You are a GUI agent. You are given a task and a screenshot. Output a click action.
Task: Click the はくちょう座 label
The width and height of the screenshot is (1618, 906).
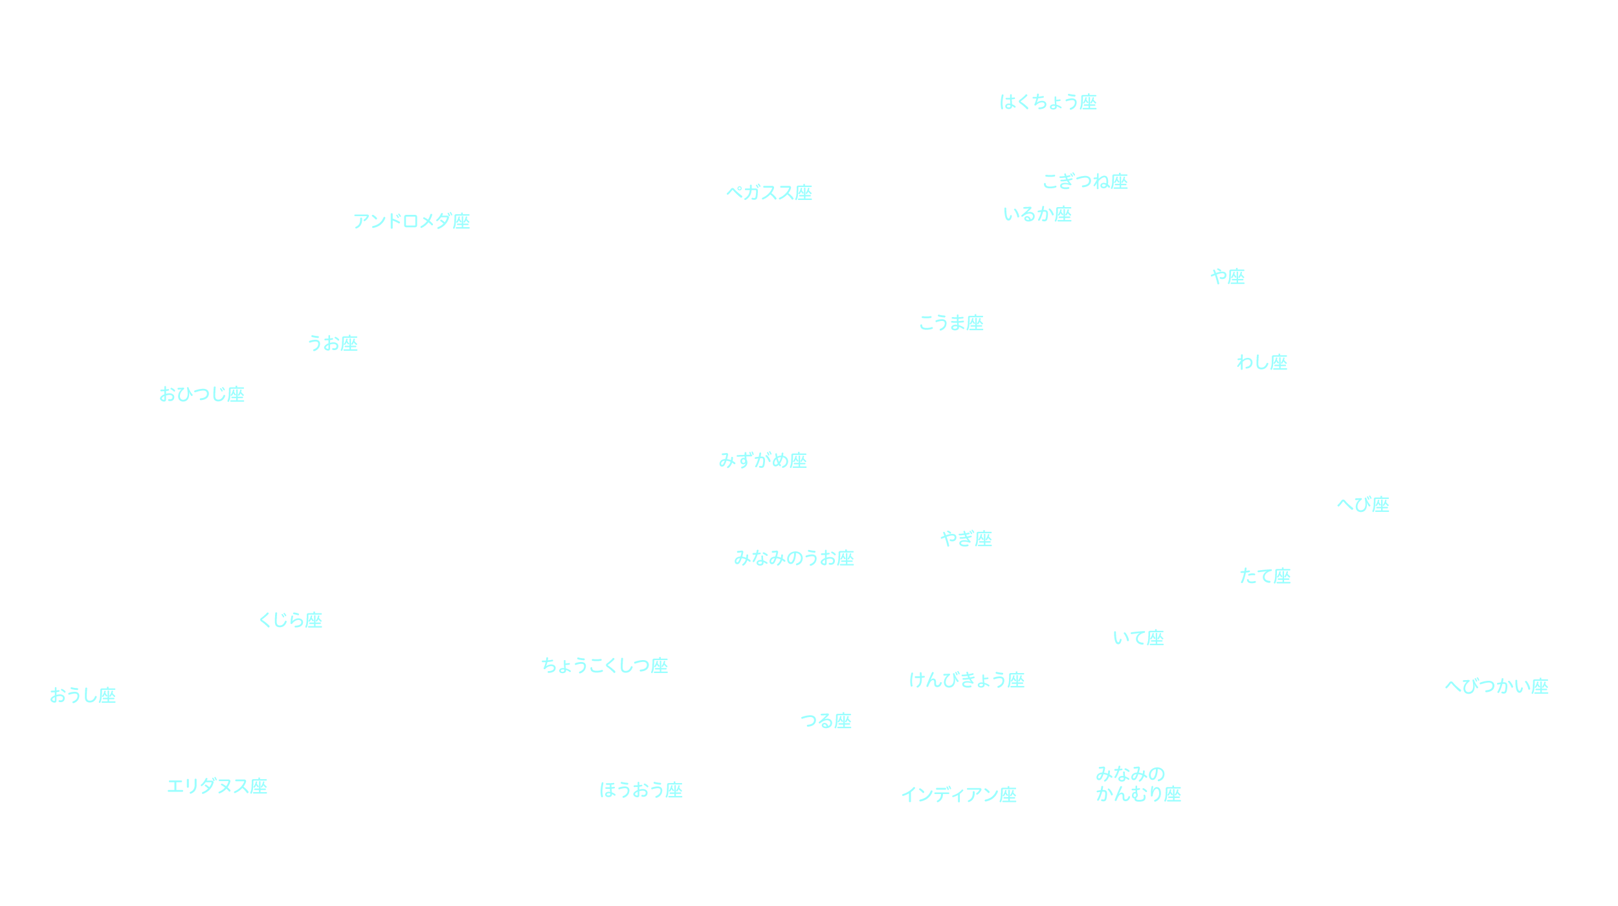point(1048,102)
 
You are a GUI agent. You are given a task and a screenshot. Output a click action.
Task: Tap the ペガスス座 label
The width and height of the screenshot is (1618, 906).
point(769,193)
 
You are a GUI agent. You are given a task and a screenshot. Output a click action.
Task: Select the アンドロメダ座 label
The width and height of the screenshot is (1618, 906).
point(412,221)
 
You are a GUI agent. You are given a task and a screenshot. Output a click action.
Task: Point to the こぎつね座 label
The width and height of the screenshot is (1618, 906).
point(1085,182)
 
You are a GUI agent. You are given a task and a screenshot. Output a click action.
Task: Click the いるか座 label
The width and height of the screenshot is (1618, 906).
point(1037,214)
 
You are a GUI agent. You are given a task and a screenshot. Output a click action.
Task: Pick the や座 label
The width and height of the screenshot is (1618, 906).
point(1228,277)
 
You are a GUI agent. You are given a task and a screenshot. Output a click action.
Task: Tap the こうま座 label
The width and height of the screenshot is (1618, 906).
point(951,323)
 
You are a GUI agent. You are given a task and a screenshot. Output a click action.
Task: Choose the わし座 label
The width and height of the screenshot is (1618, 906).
point(1262,362)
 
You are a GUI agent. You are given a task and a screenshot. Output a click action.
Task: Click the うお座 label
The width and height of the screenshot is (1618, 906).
point(333,344)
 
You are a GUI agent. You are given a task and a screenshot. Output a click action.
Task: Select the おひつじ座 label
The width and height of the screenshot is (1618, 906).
point(202,395)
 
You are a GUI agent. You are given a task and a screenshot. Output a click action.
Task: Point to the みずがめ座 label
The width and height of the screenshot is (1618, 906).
point(763,461)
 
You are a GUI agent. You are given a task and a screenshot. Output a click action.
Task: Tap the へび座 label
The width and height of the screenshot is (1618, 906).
point(1364,505)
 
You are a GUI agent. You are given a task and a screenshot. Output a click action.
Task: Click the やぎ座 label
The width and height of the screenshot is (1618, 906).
point(967,539)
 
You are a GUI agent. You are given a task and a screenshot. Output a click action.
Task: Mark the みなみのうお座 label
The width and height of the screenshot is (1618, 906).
point(794,558)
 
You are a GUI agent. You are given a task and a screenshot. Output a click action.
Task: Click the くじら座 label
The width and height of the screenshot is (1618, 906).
point(291,621)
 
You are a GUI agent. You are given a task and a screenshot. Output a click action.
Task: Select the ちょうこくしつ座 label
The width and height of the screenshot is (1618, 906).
point(604,666)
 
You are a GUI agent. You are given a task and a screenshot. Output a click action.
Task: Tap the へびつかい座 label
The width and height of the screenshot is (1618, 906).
point(1497,687)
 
